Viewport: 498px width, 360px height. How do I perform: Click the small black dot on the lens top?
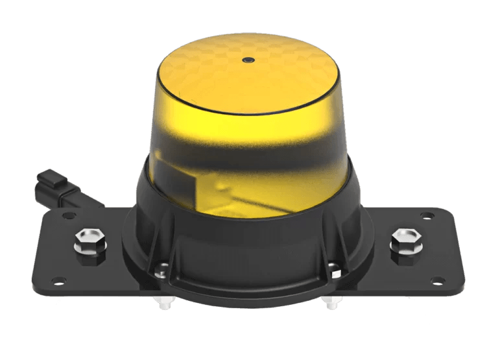coord(248,60)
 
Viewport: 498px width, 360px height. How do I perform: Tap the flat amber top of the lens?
coord(246,71)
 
